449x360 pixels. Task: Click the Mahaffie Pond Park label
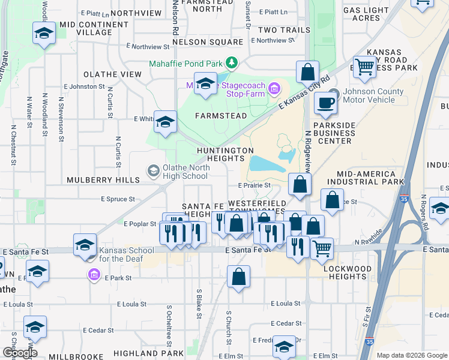185,64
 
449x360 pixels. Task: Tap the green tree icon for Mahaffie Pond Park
231,63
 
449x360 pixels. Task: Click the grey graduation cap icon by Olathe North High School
154,172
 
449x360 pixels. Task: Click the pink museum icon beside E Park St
94,276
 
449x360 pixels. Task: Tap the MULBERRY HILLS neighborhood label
103,179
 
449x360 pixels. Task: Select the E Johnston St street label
87,86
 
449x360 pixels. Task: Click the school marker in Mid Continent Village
44,33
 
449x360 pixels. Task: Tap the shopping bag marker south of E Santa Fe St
238,277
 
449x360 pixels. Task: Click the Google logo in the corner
19,353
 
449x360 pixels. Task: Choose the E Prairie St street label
255,185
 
